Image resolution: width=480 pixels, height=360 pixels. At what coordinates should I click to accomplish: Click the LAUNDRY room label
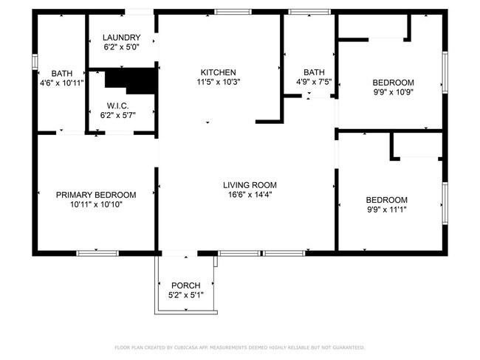click(121, 38)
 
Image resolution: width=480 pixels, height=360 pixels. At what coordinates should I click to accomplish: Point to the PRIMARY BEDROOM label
click(96, 195)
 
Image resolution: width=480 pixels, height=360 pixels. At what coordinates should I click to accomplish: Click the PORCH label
click(185, 285)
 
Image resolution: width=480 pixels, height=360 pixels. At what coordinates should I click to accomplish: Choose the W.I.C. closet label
click(118, 105)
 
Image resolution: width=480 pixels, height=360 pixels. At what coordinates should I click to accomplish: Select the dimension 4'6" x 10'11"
click(62, 83)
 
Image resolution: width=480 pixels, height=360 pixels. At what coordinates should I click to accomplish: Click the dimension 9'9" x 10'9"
click(393, 93)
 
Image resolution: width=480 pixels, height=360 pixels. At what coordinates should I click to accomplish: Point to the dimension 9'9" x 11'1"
click(387, 210)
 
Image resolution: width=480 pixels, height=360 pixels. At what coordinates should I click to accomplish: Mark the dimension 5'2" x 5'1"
click(185, 295)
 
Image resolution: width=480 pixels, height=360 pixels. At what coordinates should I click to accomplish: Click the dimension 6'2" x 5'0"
click(121, 47)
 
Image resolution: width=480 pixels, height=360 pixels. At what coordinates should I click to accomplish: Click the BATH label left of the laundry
click(62, 73)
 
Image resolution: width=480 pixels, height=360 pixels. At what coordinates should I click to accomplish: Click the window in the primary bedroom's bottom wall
click(97, 253)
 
